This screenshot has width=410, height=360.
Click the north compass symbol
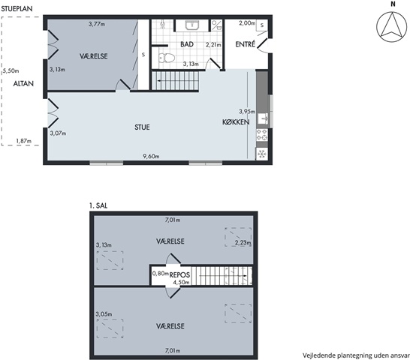pyautogui.click(x=392, y=27)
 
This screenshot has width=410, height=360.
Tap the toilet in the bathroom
pyautogui.click(x=167, y=58)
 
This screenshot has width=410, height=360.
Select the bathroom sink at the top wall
pyautogui.click(x=192, y=25)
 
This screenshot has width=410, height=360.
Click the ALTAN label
pyautogui.click(x=23, y=83)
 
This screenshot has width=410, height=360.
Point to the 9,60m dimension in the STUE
pyautogui.click(x=151, y=156)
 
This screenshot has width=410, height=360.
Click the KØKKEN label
pyautogui.click(x=236, y=122)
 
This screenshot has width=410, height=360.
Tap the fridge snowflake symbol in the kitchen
pyautogui.click(x=262, y=154)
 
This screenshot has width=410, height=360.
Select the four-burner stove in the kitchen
pyautogui.click(x=262, y=134)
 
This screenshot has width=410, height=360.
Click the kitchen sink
pyautogui.click(x=263, y=119)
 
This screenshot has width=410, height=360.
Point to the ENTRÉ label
pyautogui.click(x=245, y=44)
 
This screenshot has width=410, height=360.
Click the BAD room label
pyautogui.click(x=187, y=44)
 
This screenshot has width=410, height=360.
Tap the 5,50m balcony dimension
pyautogui.click(x=11, y=70)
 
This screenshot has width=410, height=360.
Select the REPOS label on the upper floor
pyautogui.click(x=179, y=274)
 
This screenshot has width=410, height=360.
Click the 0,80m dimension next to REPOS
pyautogui.click(x=160, y=273)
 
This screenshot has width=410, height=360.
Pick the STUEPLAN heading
pyautogui.click(x=17, y=8)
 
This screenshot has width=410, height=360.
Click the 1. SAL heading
pyautogui.click(x=98, y=205)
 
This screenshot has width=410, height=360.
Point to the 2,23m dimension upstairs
pyautogui.click(x=243, y=242)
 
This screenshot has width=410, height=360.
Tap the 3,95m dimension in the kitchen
pyautogui.click(x=247, y=112)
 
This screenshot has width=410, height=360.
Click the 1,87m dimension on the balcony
pyautogui.click(x=24, y=141)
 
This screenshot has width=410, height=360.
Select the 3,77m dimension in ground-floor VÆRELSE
pyautogui.click(x=97, y=24)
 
